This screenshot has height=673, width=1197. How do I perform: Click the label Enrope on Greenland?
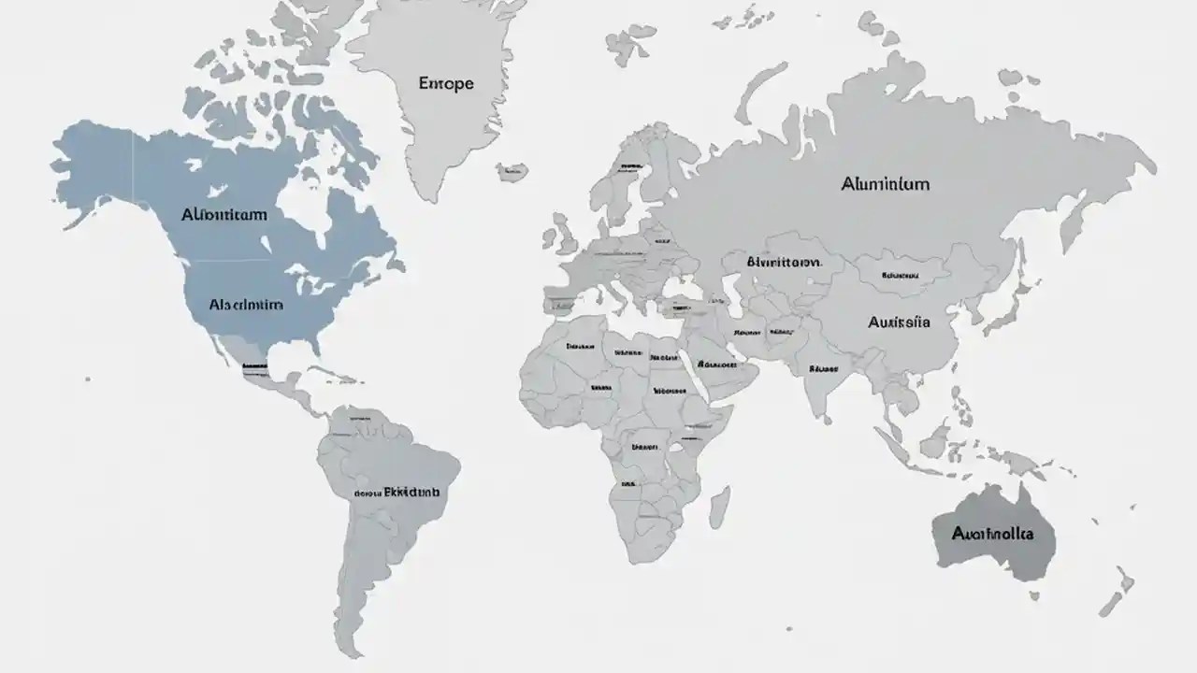[x=446, y=83]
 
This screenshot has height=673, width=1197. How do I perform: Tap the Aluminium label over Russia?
[x=885, y=184]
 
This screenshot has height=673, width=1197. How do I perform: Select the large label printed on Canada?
[x=224, y=214]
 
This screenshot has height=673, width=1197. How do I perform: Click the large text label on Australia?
[x=992, y=534]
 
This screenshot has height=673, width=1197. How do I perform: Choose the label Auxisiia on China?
[x=899, y=322]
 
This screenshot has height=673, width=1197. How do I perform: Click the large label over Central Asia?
[x=784, y=263]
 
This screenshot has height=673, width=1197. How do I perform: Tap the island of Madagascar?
[x=718, y=506]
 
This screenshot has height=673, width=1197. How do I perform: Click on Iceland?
[x=512, y=171]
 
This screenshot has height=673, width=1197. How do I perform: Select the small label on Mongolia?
[x=899, y=276]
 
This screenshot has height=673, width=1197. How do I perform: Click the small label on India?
[x=822, y=368]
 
